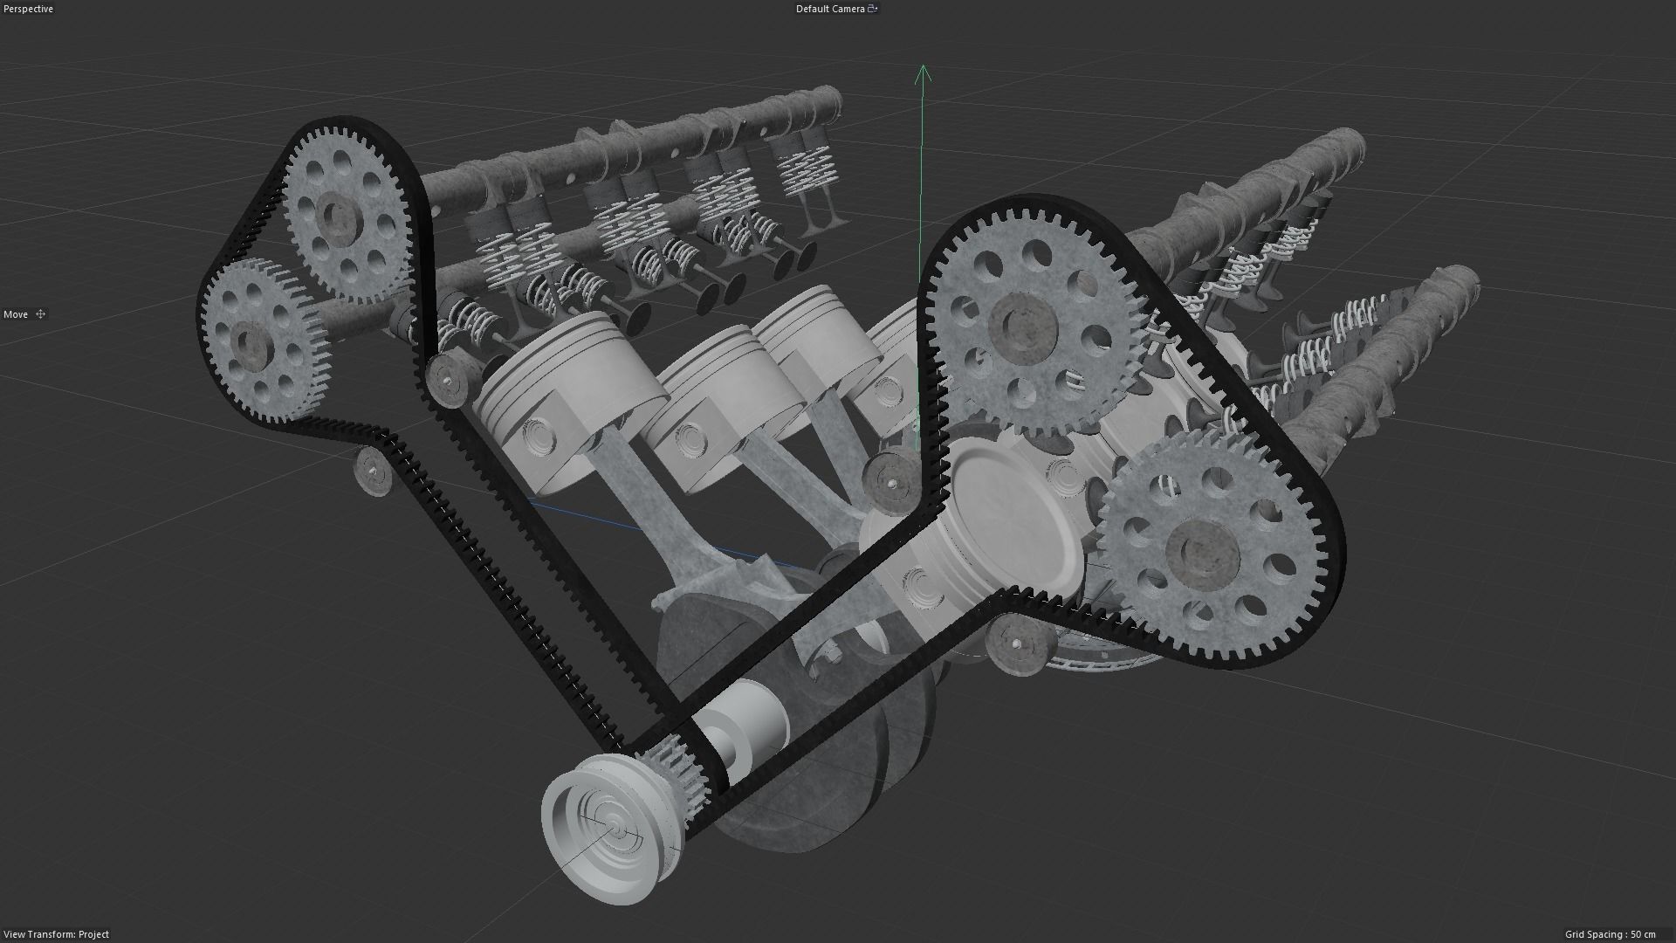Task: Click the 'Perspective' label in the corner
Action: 29,9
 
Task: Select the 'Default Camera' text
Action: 829,9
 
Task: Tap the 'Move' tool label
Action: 16,314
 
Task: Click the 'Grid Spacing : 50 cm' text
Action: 1610,934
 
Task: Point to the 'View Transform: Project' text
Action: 57,934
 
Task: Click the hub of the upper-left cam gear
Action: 337,215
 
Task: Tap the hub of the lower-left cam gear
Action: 254,344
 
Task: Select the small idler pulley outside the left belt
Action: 374,471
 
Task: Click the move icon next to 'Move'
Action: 40,314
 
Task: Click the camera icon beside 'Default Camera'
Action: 872,9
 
